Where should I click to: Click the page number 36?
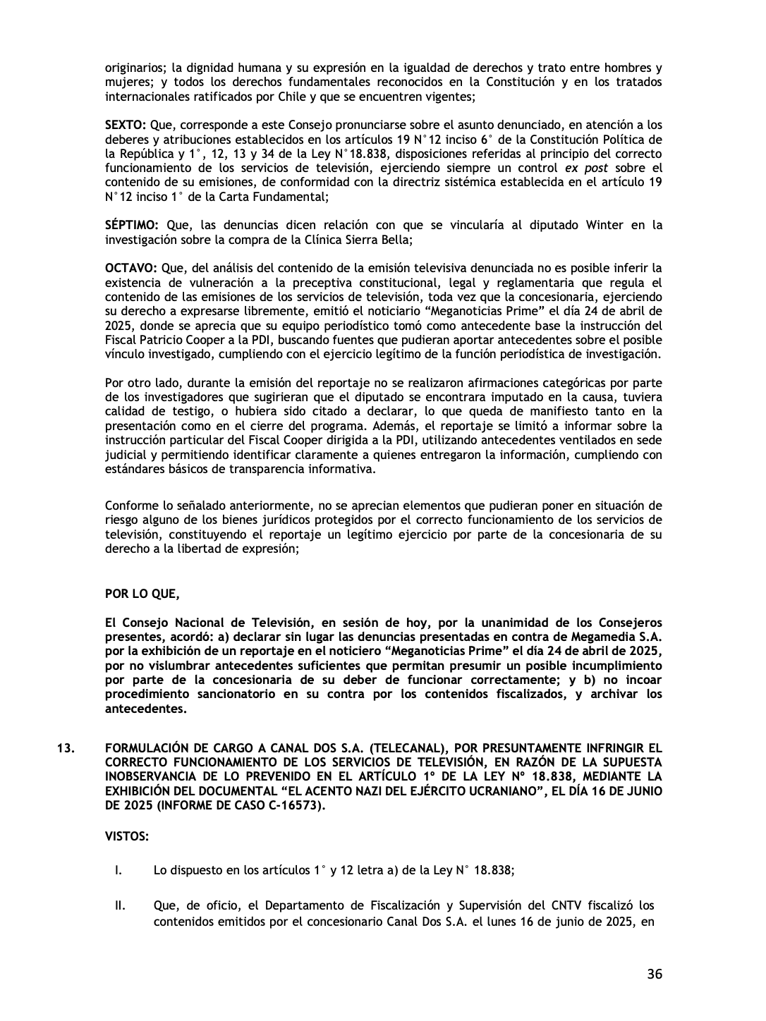tap(654, 974)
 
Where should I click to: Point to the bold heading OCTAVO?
tap(130, 268)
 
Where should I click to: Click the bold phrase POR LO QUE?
tap(142, 594)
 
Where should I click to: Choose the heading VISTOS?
tap(126, 836)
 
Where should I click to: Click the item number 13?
tap(65, 747)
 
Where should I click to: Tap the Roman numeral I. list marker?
tap(119, 870)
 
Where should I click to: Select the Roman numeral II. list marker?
tap(120, 905)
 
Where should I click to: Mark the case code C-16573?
tap(291, 805)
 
